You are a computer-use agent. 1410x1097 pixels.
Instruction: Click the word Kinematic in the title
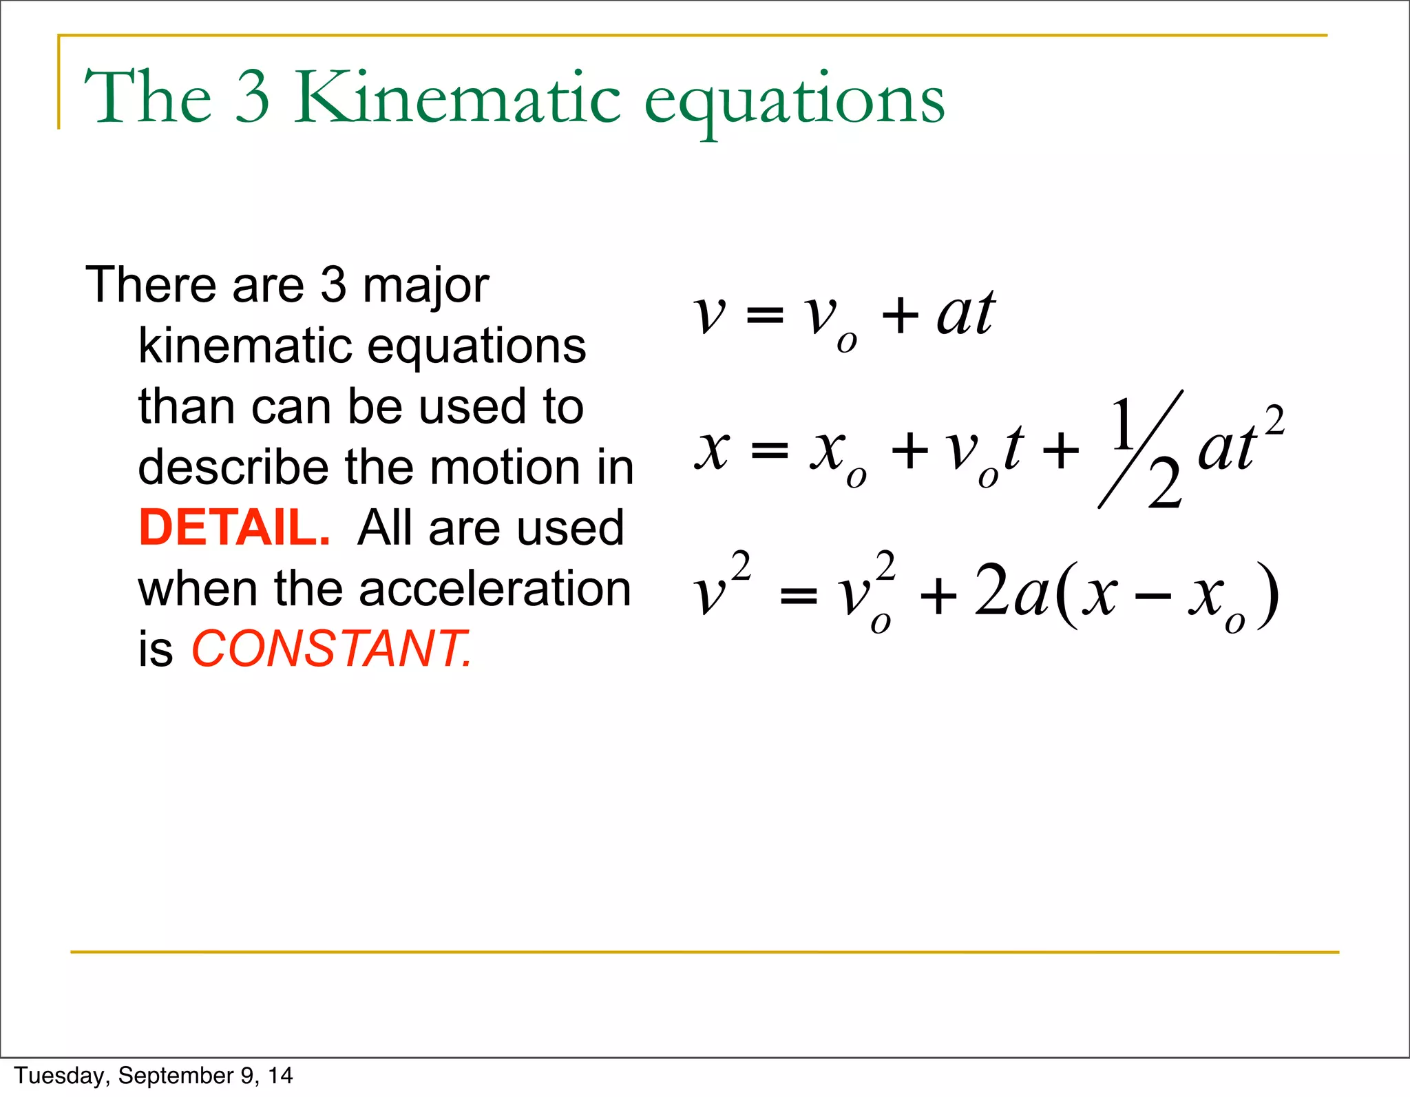(x=458, y=98)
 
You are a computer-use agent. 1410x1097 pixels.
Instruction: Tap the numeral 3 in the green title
(x=253, y=98)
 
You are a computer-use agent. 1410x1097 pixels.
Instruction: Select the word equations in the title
(x=794, y=102)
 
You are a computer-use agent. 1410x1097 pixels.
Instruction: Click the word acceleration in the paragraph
(x=494, y=589)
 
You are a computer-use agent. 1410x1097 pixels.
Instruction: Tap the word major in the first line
(x=425, y=286)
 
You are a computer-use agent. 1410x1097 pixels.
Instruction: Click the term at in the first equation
(x=966, y=313)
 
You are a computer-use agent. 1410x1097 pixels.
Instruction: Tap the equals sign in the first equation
(x=764, y=316)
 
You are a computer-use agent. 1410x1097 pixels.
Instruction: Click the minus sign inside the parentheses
(x=1153, y=596)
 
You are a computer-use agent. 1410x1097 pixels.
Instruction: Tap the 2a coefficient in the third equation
(x=1011, y=591)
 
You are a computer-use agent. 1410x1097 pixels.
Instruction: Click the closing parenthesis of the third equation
(x=1268, y=595)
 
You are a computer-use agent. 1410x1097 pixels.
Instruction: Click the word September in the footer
(x=176, y=1076)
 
